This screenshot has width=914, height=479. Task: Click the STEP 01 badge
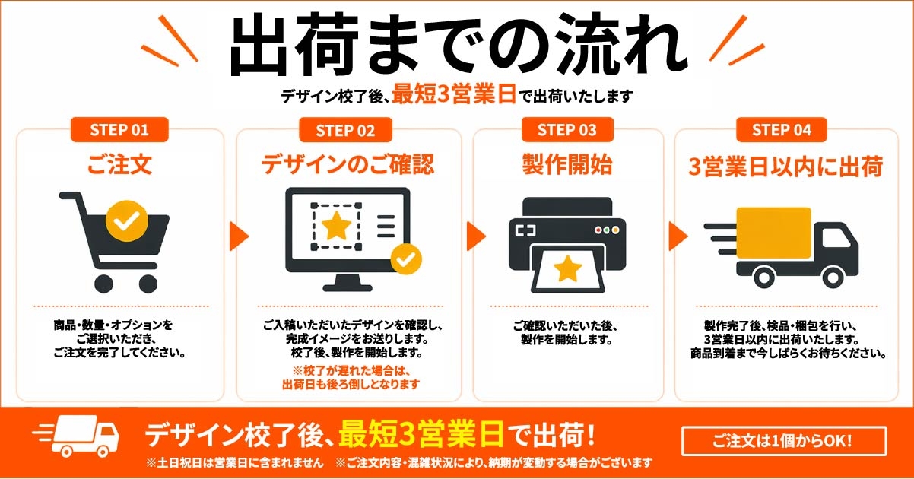pos(119,130)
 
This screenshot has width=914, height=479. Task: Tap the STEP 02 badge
pos(345,130)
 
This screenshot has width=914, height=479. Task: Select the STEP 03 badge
pos(567,130)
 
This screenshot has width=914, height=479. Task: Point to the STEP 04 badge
pos(782,130)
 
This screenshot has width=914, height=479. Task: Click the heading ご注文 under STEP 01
pos(119,164)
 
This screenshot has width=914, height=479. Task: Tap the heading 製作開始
pos(567,164)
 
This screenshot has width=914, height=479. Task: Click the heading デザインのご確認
pos(348,164)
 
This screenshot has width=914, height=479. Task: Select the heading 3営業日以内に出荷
pos(786,166)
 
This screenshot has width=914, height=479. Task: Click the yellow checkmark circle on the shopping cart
pos(127,221)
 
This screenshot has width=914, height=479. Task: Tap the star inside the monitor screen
pos(337,225)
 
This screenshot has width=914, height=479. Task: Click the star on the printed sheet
pos(567,268)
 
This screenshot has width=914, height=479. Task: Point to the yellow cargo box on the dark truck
pos(773,233)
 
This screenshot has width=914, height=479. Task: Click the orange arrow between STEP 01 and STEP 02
pos(238,236)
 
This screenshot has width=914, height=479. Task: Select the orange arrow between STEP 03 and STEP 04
pos(678,236)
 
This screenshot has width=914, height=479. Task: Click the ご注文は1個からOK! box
pos(784,441)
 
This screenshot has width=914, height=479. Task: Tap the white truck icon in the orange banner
pos(78,436)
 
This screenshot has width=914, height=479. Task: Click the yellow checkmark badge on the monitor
pos(406,259)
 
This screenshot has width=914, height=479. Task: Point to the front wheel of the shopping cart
pos(148,284)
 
